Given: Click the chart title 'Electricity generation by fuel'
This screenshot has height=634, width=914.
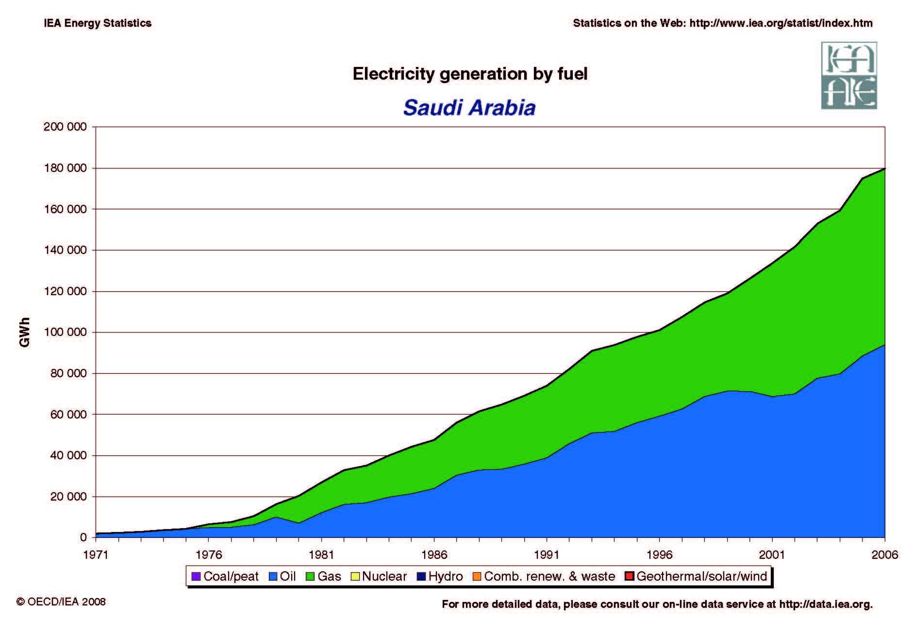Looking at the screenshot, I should pos(470,74).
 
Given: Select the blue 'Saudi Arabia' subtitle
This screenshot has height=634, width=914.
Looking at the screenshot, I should pos(469,108).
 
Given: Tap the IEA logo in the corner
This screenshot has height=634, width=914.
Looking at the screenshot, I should pos(848,75).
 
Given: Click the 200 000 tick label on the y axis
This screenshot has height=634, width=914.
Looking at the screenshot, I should pos(65,127).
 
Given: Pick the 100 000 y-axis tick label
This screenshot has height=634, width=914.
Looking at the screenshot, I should pos(65,333).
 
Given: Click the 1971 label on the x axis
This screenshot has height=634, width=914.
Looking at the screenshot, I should pos(96,554).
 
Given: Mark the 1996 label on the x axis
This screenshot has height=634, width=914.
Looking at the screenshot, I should pos(659,554).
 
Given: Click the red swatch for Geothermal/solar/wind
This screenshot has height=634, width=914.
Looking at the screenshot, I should pos(630,576).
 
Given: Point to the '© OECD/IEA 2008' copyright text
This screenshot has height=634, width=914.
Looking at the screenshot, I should pos(61,601).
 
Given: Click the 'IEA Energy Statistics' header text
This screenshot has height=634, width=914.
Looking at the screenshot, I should pos(98,23).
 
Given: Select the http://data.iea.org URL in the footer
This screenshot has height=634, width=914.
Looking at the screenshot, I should pos(825,604).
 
